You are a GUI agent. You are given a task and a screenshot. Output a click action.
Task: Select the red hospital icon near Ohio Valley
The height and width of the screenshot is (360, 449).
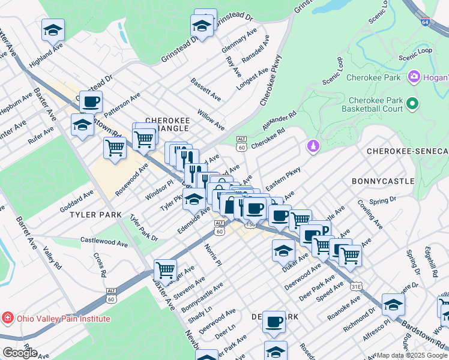point(8,318)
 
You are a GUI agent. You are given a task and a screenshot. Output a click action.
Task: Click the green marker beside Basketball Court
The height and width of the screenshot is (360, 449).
point(412,104)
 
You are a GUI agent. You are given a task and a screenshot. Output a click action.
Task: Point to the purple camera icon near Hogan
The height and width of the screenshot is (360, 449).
point(414,77)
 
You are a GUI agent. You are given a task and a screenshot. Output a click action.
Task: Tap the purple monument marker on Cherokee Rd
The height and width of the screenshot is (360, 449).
point(312,146)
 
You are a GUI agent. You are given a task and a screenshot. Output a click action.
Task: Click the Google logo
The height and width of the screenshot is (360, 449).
point(19,353)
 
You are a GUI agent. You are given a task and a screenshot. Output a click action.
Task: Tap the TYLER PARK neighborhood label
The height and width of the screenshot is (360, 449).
point(95,214)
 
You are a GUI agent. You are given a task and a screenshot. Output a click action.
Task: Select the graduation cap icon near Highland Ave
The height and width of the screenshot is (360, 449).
point(53,29)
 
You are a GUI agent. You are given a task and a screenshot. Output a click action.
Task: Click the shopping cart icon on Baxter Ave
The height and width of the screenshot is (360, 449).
point(165,269)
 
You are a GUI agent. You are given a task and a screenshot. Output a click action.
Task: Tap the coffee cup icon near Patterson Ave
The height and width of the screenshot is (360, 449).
point(91,101)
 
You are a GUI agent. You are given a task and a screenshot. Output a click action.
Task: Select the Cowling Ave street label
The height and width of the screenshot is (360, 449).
point(370,215)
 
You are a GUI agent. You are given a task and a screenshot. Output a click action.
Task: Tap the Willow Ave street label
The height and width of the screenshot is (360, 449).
point(211,119)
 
